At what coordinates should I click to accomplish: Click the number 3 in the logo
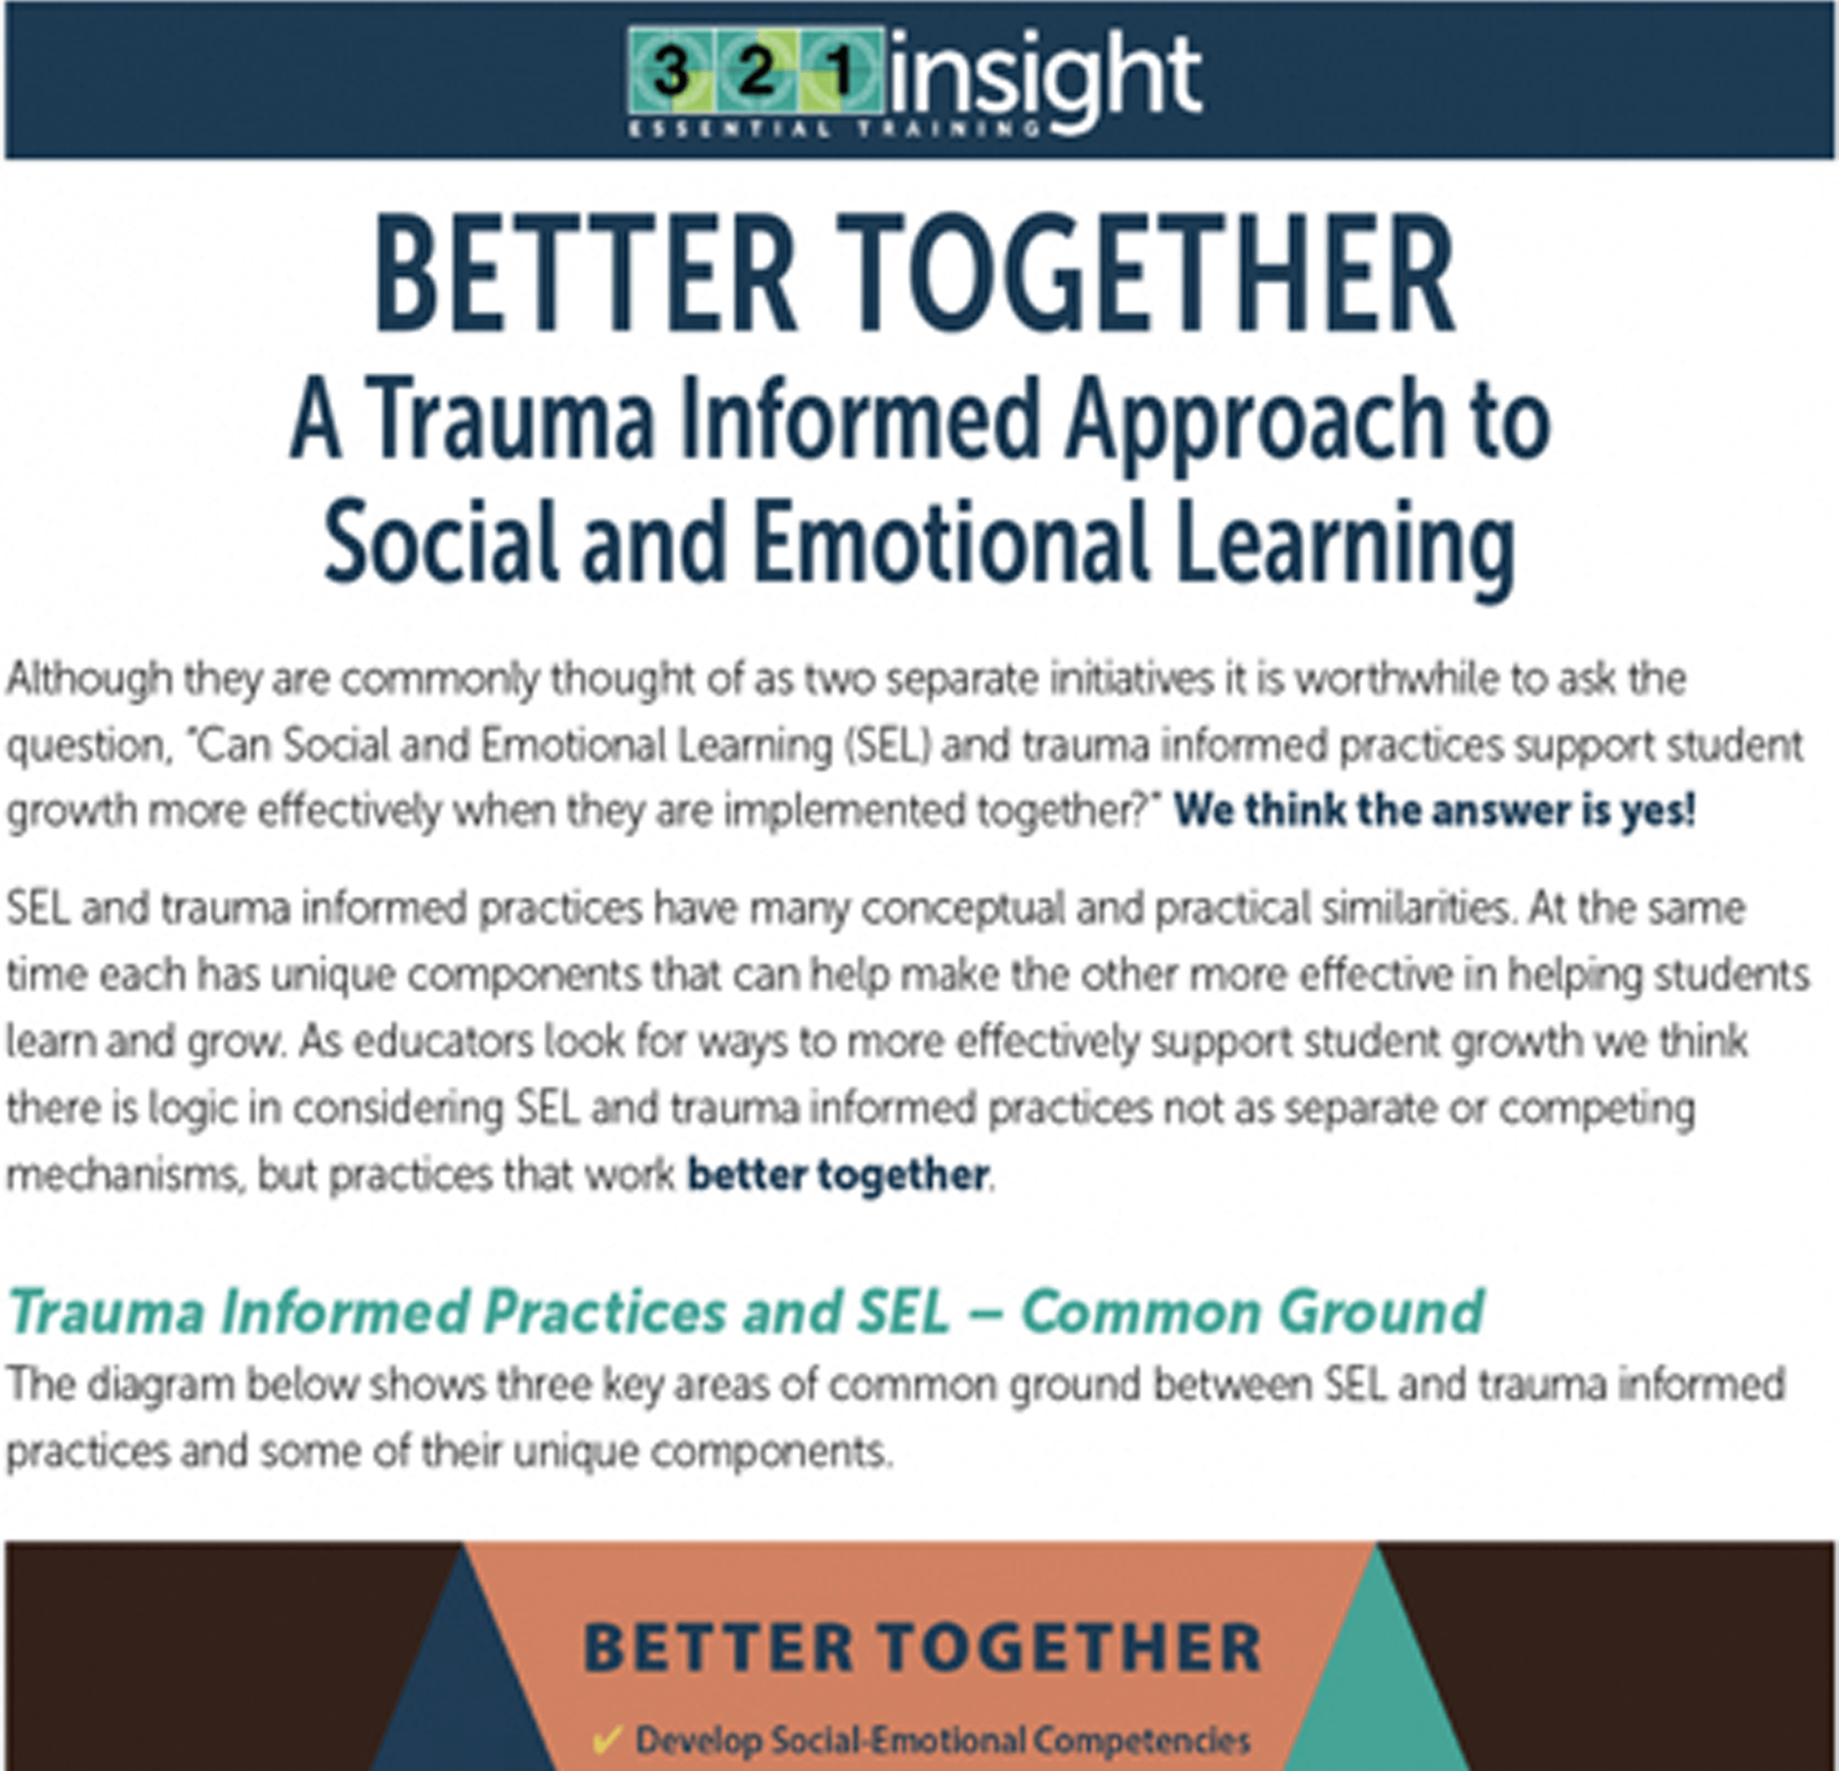671,71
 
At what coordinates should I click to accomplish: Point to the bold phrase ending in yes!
1435,810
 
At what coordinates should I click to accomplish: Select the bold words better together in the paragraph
838,1174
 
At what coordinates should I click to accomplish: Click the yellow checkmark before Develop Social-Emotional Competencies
606,1739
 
